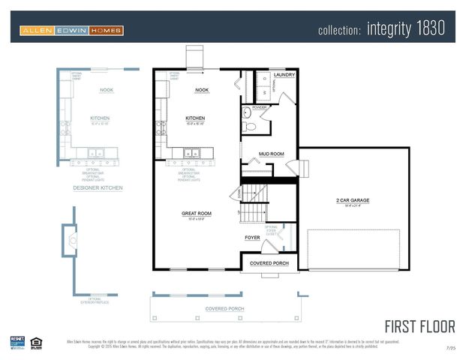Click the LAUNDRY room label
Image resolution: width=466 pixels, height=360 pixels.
click(284, 75)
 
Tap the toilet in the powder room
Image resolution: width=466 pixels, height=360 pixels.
click(250, 126)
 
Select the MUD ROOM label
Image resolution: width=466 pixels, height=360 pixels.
click(271, 154)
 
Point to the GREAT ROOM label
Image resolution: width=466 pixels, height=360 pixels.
click(196, 214)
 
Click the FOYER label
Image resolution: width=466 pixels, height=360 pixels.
click(252, 238)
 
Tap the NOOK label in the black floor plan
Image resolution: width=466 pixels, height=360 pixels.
click(201, 90)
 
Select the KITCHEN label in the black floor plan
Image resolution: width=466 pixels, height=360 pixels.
click(195, 118)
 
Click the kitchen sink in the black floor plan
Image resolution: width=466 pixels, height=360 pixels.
click(192, 154)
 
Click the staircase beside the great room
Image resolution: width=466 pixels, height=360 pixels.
click(254, 202)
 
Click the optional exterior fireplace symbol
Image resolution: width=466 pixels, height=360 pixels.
click(72, 241)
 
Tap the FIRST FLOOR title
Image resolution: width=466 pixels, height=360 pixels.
click(419, 326)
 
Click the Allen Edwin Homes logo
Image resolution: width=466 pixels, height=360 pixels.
click(71, 31)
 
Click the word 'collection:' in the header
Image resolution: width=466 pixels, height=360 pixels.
click(340, 31)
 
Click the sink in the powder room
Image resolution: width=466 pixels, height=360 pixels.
click(248, 113)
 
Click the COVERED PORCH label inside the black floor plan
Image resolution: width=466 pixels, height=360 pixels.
click(269, 263)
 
